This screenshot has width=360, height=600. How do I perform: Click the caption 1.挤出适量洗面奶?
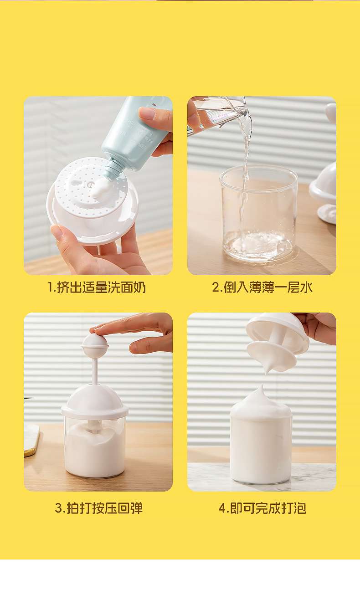97,287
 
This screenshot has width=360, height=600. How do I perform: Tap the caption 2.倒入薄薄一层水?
262,287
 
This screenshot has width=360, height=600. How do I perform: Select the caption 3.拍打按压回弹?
98,508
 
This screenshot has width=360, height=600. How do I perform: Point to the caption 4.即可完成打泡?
262,508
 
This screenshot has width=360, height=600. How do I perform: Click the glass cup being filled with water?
258,213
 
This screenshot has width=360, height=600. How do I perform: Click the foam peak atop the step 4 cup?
261,396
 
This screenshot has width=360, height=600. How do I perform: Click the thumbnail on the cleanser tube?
148,113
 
